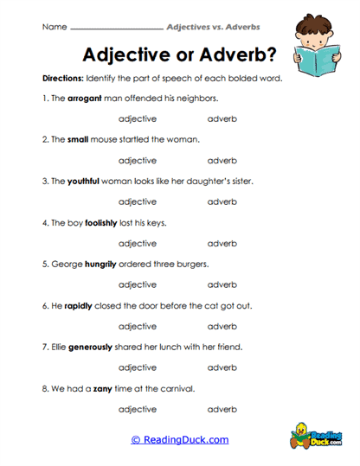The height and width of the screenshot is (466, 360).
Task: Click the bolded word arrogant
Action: pyautogui.click(x=87, y=99)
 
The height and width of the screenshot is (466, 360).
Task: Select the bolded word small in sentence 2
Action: pyautogui.click(x=78, y=140)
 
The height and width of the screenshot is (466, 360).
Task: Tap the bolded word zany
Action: pyautogui.click(x=106, y=389)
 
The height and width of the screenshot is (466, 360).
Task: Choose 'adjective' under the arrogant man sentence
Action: pyautogui.click(x=137, y=119)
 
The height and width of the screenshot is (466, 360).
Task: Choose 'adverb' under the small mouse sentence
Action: pyautogui.click(x=222, y=161)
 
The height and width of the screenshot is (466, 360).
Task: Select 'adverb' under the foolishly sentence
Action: pyautogui.click(x=222, y=244)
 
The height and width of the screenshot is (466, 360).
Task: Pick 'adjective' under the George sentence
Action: pyautogui.click(x=137, y=285)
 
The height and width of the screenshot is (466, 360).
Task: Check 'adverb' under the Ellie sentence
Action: pyautogui.click(x=222, y=368)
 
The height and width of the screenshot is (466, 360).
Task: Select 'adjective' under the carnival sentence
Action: pyautogui.click(x=137, y=410)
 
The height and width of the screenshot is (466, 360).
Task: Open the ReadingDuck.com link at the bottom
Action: pyautogui.click(x=180, y=440)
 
